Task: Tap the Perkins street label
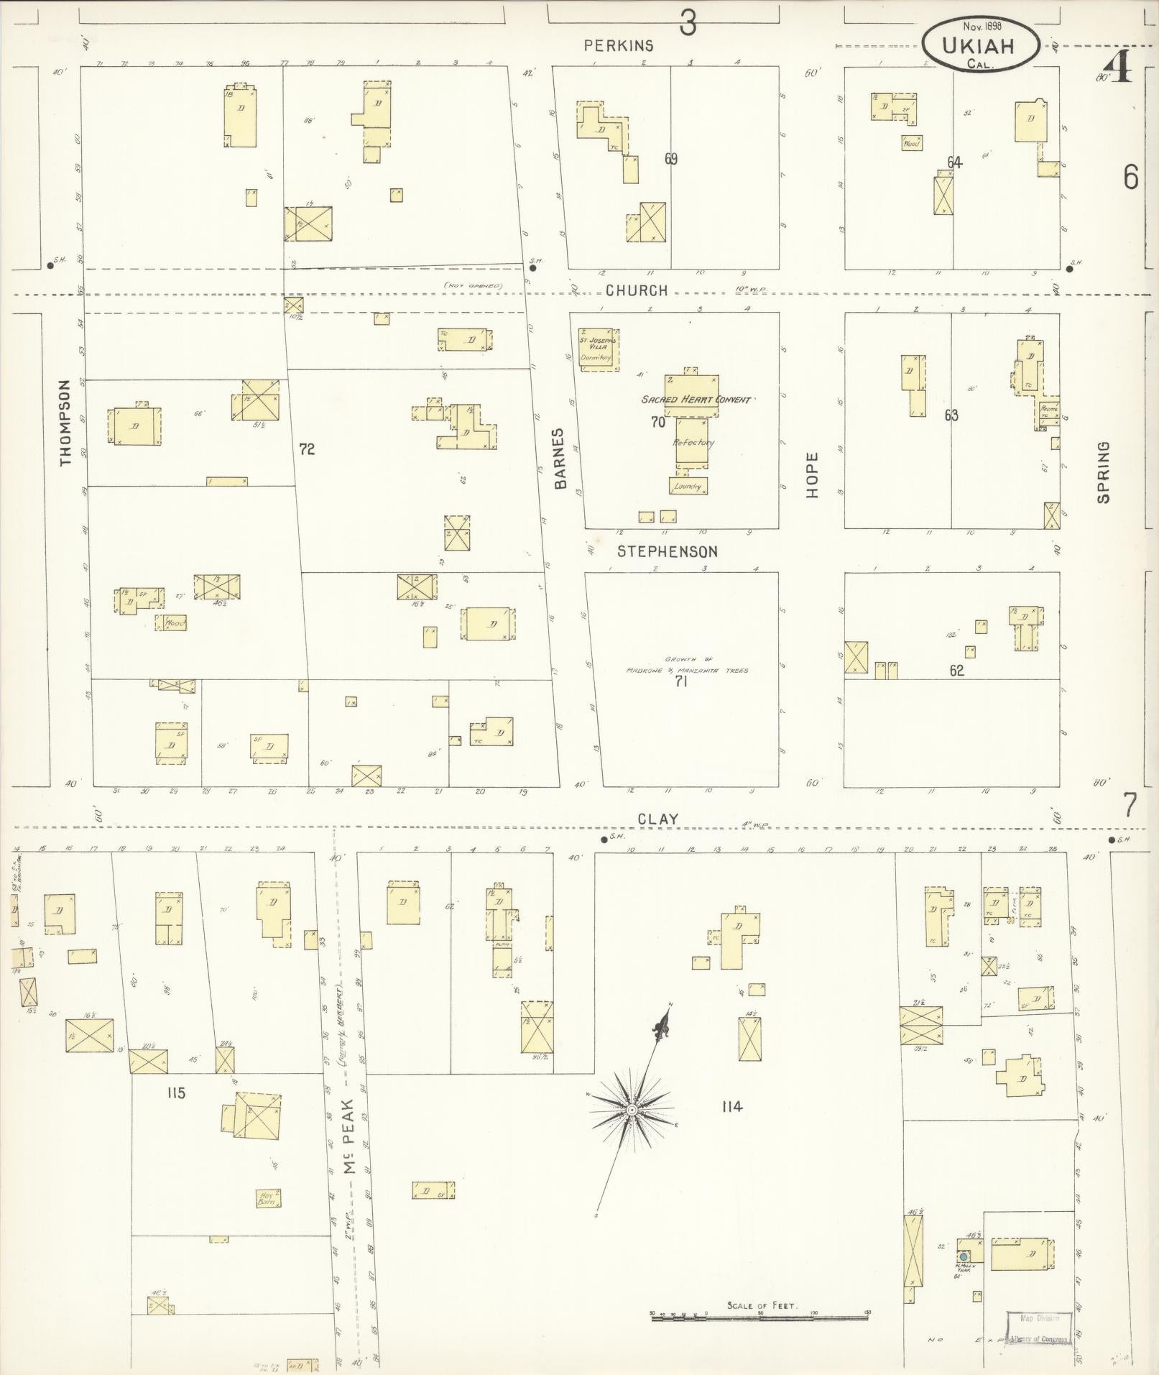pyautogui.click(x=619, y=46)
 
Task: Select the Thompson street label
pyautogui.click(x=67, y=423)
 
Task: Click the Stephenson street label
pyautogui.click(x=668, y=551)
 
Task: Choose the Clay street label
pyautogui.click(x=658, y=819)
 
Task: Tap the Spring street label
pyautogui.click(x=1104, y=472)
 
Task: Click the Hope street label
pyautogui.click(x=813, y=475)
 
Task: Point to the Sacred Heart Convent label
pyautogui.click(x=696, y=400)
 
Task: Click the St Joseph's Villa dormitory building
pyautogui.click(x=599, y=349)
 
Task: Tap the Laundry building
pyautogui.click(x=688, y=487)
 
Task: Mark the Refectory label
pyautogui.click(x=693, y=443)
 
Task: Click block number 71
pyautogui.click(x=680, y=681)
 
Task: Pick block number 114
pyautogui.click(x=731, y=1106)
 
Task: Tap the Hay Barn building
pyautogui.click(x=268, y=1197)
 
